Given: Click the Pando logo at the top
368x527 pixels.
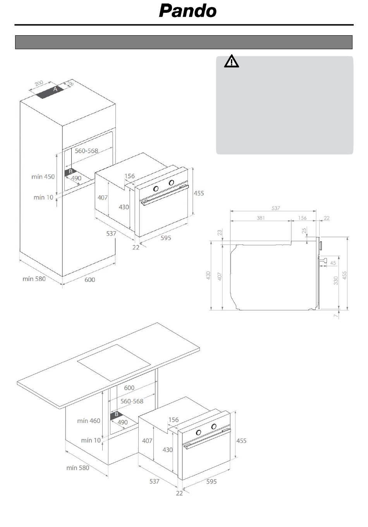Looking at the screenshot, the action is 188,11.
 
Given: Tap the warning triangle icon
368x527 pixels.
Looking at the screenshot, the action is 231,62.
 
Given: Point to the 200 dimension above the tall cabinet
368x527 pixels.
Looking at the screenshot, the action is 39,83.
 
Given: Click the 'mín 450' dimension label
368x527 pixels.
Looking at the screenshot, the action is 43,177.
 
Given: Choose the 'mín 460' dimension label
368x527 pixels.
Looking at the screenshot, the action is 88,421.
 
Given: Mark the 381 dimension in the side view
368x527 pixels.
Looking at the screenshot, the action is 261,218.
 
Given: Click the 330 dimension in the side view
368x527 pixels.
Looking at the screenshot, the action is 336,280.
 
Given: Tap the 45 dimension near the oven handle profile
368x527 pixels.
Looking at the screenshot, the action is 333,263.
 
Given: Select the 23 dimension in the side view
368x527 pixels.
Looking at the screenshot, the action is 220,233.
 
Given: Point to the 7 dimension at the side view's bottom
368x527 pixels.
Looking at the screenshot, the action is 336,316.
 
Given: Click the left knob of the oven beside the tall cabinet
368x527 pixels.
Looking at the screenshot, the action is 156,189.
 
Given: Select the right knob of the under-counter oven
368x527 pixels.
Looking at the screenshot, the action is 213,426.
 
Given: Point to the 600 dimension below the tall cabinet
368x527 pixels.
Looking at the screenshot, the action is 89,279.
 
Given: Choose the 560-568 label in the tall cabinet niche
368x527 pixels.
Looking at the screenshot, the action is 86,151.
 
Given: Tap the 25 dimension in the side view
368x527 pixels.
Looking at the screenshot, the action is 304,231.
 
